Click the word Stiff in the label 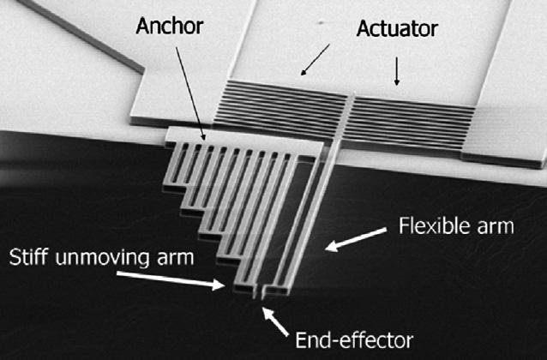pyautogui.click(x=32, y=257)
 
